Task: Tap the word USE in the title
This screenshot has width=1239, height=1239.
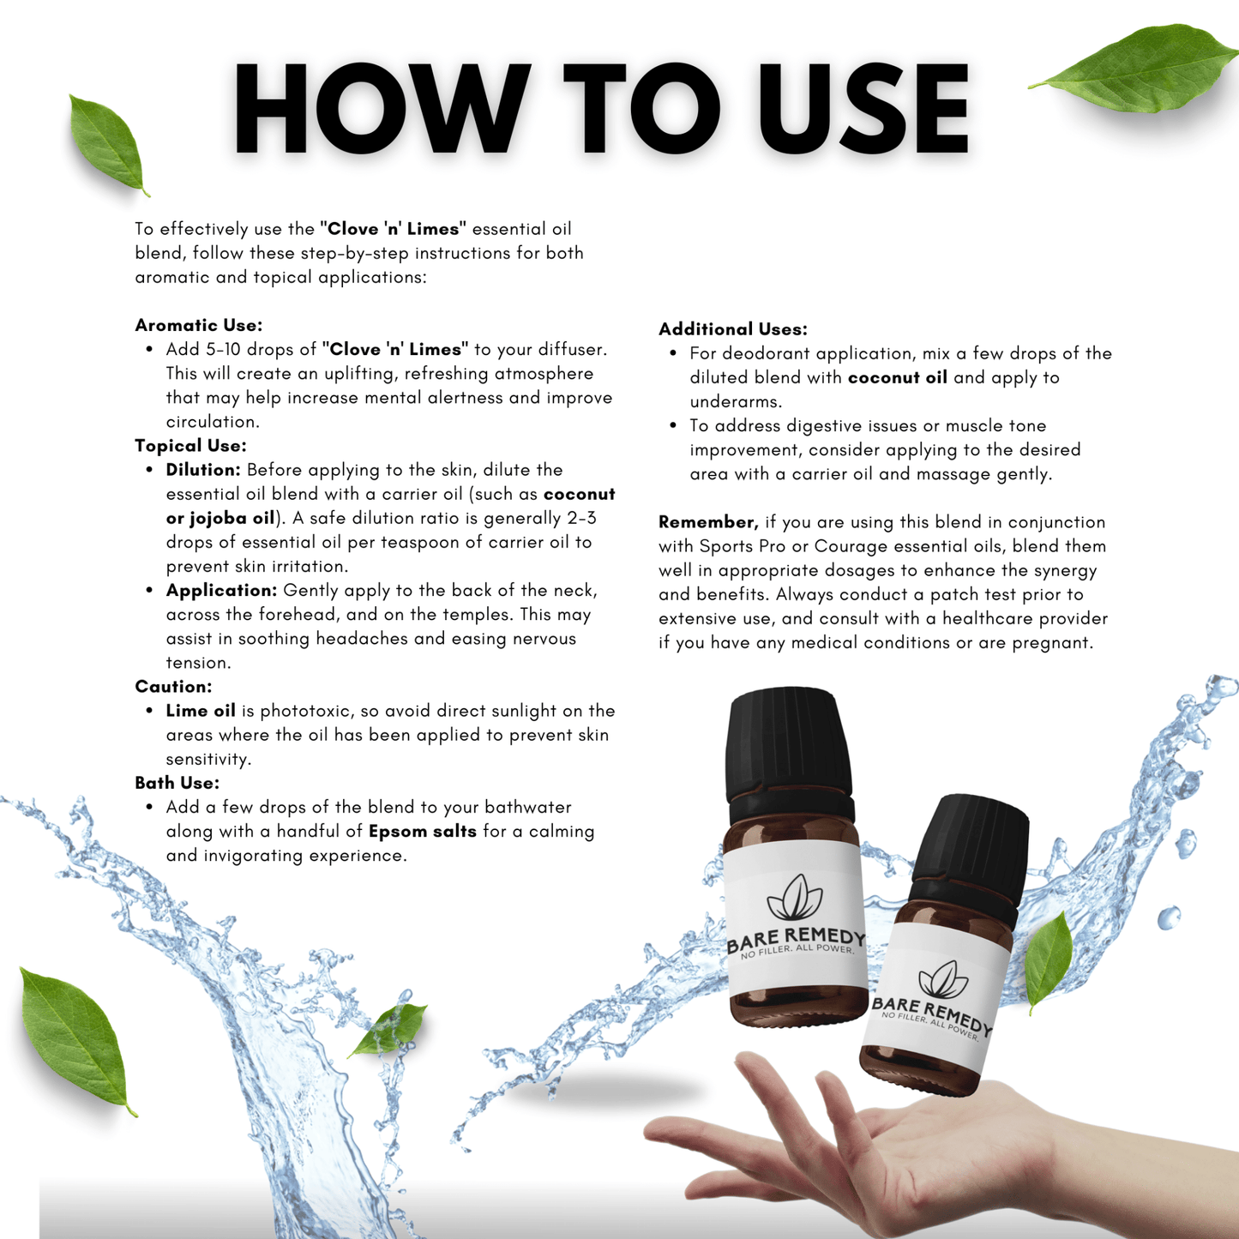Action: (x=863, y=109)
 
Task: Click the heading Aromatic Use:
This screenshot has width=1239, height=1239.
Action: (x=198, y=325)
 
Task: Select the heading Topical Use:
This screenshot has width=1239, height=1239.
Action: (x=190, y=446)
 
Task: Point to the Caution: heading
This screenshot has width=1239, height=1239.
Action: (x=173, y=687)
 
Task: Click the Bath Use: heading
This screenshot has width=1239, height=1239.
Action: (x=177, y=783)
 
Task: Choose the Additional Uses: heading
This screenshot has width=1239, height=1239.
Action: (x=732, y=329)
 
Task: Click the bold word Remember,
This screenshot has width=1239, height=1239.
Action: (x=708, y=522)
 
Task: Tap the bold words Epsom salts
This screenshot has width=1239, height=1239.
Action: (x=422, y=832)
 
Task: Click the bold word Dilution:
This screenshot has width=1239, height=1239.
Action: (x=203, y=470)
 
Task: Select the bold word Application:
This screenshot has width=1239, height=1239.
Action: (x=221, y=591)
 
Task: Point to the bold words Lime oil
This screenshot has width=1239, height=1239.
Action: (x=201, y=711)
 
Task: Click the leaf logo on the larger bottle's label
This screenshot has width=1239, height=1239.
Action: (x=794, y=898)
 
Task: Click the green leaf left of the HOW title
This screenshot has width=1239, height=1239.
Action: (x=107, y=143)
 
